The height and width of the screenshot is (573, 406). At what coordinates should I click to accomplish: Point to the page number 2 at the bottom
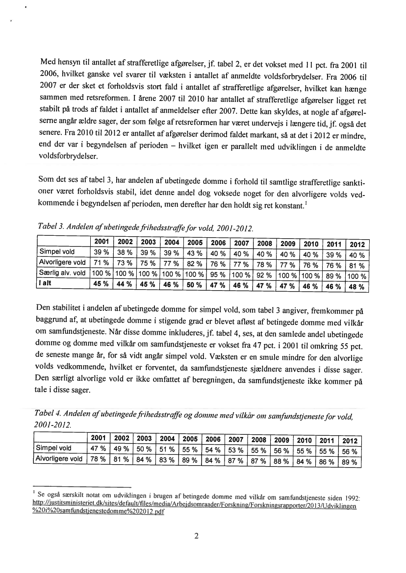click(196, 536)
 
